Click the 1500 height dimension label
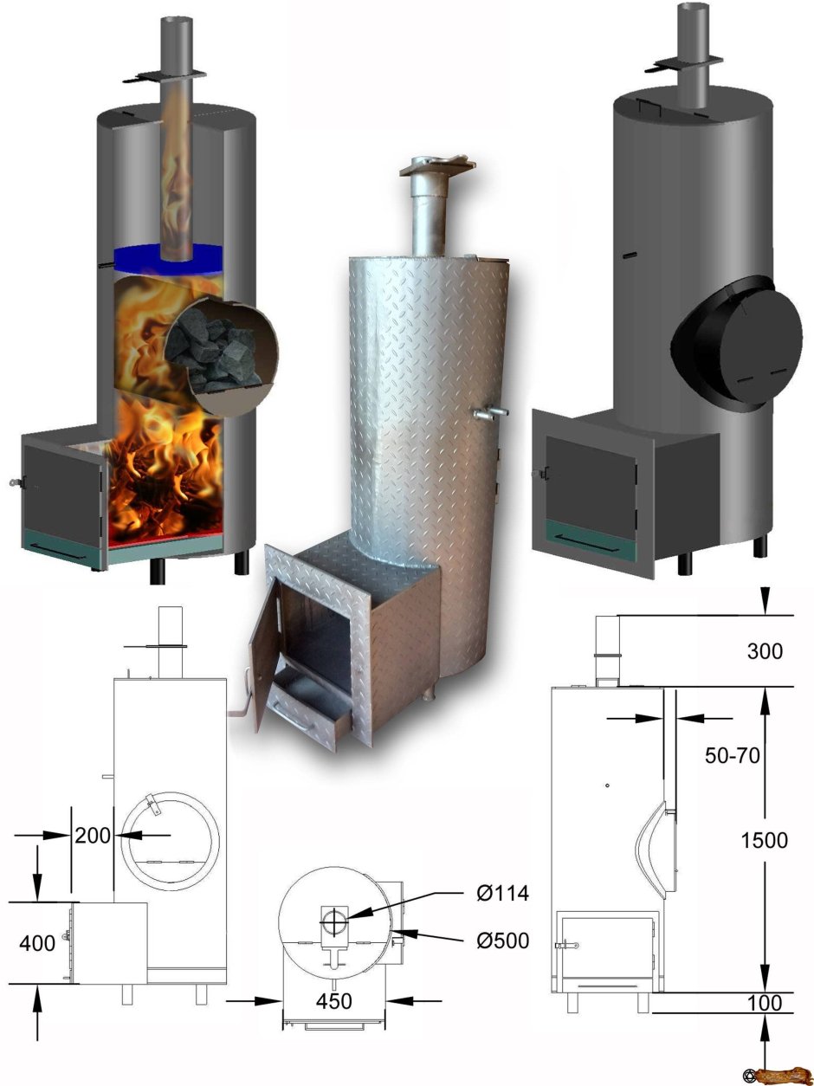[x=764, y=840]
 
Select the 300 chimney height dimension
[x=764, y=651]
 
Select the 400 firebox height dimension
[x=36, y=943]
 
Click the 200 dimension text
[x=93, y=836]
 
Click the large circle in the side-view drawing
[x=171, y=835]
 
